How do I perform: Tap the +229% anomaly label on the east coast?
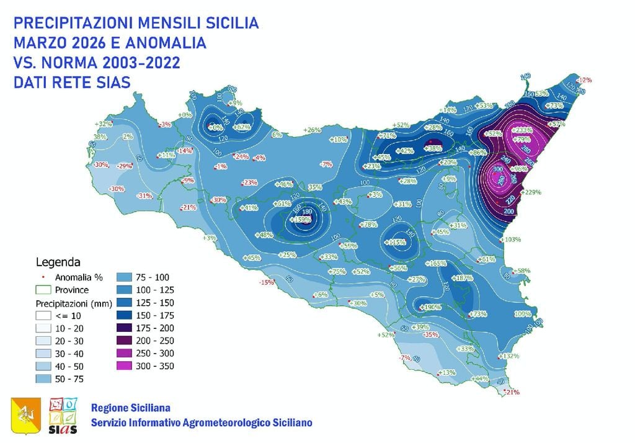pos(533,192)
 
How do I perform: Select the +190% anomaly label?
pos(430,307)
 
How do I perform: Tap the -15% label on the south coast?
pos(266,283)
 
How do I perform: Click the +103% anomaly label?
pos(512,239)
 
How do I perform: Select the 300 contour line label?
pos(497,169)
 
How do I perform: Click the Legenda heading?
pos(58,262)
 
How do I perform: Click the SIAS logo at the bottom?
pos(63,415)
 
